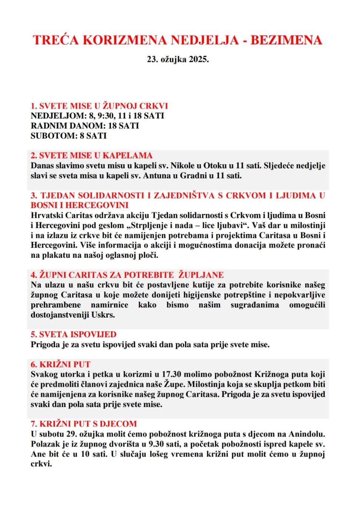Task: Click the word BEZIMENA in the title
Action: coord(286,40)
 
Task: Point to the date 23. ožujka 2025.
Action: coord(178,59)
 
